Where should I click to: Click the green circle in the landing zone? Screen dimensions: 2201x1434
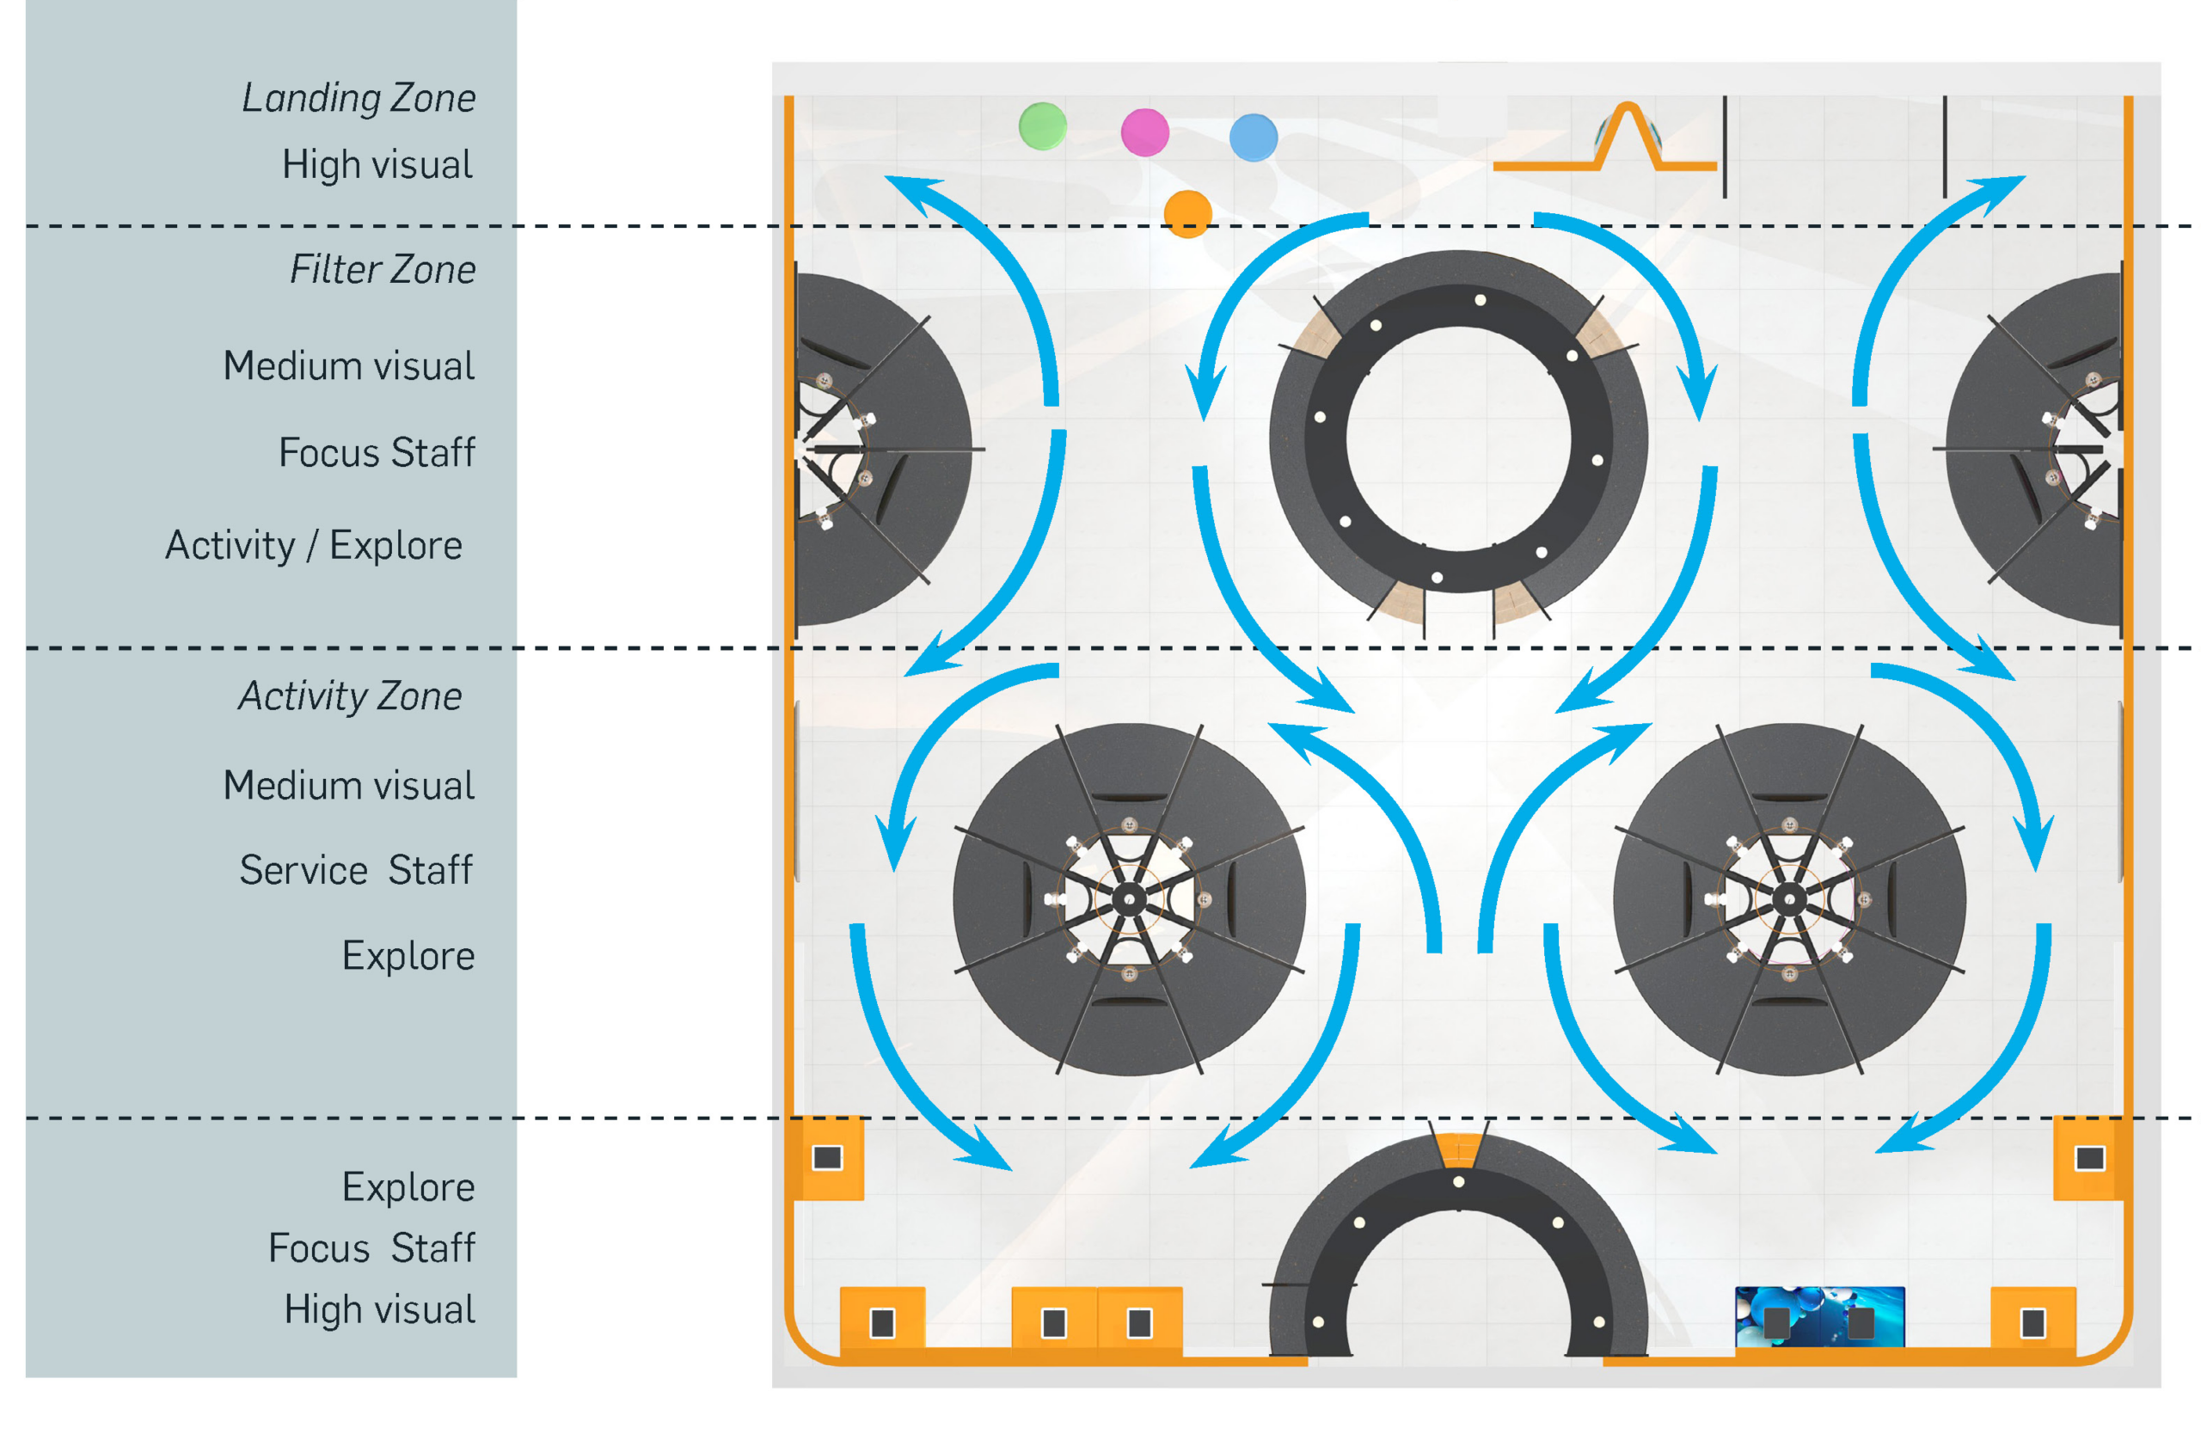[1042, 126]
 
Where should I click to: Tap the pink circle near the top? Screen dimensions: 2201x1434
[1145, 132]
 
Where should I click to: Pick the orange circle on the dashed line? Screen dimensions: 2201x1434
[1187, 213]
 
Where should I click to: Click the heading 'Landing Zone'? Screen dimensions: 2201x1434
[359, 98]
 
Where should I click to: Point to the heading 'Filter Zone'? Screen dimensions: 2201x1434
[383, 270]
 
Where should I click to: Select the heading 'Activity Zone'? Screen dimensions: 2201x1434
[351, 696]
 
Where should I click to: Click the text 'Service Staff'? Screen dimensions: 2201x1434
[356, 870]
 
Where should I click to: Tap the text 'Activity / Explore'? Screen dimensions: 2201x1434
[314, 546]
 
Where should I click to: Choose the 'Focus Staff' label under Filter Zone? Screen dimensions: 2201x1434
[377, 453]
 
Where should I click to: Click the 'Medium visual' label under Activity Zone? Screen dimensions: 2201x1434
[350, 786]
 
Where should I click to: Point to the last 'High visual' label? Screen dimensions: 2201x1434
[380, 1310]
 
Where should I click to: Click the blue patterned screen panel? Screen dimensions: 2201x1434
[1819, 1316]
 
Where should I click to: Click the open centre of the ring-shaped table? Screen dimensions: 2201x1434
[1458, 439]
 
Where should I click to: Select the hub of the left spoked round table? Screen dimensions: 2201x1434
[1129, 898]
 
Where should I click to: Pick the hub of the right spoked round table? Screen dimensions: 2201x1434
[1789, 898]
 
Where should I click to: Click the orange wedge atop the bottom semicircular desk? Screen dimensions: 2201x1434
[1458, 1149]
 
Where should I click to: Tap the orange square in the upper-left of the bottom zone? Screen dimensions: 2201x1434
[828, 1157]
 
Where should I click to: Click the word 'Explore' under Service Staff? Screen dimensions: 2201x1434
[408, 956]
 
